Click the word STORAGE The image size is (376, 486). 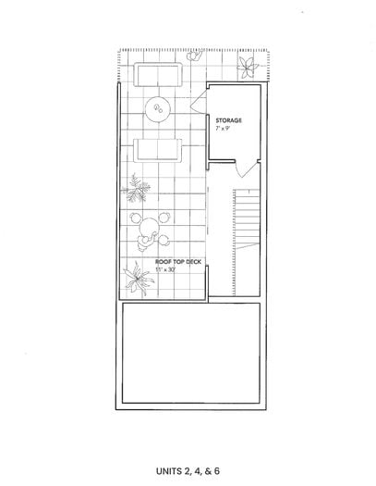pyautogui.click(x=228, y=120)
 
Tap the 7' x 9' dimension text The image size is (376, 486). pyautogui.click(x=223, y=129)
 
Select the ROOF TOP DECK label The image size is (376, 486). pyautogui.click(x=178, y=262)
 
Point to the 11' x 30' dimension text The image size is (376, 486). pyautogui.click(x=165, y=270)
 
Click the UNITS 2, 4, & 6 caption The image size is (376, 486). pyautogui.click(x=188, y=471)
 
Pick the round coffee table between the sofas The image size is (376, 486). pyautogui.click(x=158, y=109)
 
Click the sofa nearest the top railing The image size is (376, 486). pyautogui.click(x=158, y=75)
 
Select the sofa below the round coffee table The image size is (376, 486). pyautogui.click(x=158, y=150)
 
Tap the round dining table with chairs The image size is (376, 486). pyautogui.click(x=149, y=228)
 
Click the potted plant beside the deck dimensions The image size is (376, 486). pyautogui.click(x=138, y=279)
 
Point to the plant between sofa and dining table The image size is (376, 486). pyautogui.click(x=136, y=188)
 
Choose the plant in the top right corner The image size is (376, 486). pyautogui.click(x=247, y=68)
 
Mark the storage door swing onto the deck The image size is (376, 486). pyautogui.click(x=199, y=101)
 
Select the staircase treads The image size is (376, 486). pyautogui.click(x=246, y=218)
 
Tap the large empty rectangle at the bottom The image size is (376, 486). pyautogui.click(x=191, y=353)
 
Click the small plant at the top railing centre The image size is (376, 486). pyautogui.click(x=195, y=56)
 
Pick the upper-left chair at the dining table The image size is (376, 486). pyautogui.click(x=135, y=218)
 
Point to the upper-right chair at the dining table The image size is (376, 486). pyautogui.click(x=164, y=218)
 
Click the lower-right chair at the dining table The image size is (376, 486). pyautogui.click(x=164, y=239)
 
